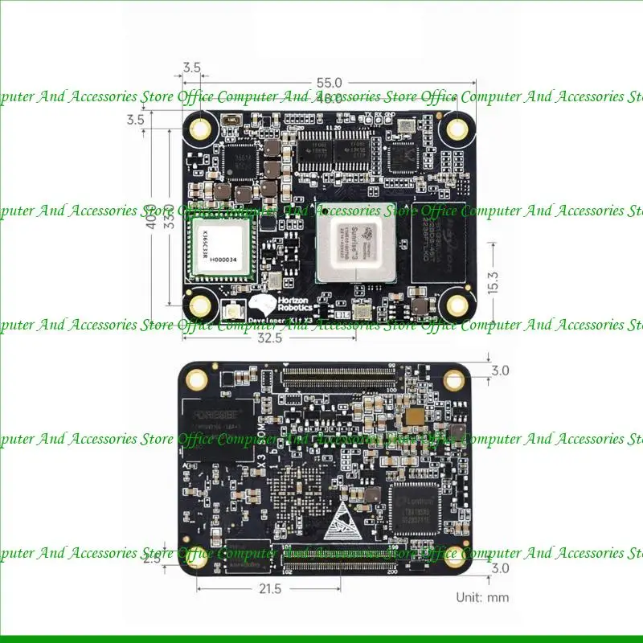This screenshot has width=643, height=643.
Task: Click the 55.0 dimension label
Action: point(330,83)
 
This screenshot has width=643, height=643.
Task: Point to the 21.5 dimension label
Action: point(271,589)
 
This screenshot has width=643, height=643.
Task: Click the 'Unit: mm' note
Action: point(482,597)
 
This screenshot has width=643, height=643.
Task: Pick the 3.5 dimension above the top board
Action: point(192,68)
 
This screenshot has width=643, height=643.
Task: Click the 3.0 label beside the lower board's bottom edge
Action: point(501,568)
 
